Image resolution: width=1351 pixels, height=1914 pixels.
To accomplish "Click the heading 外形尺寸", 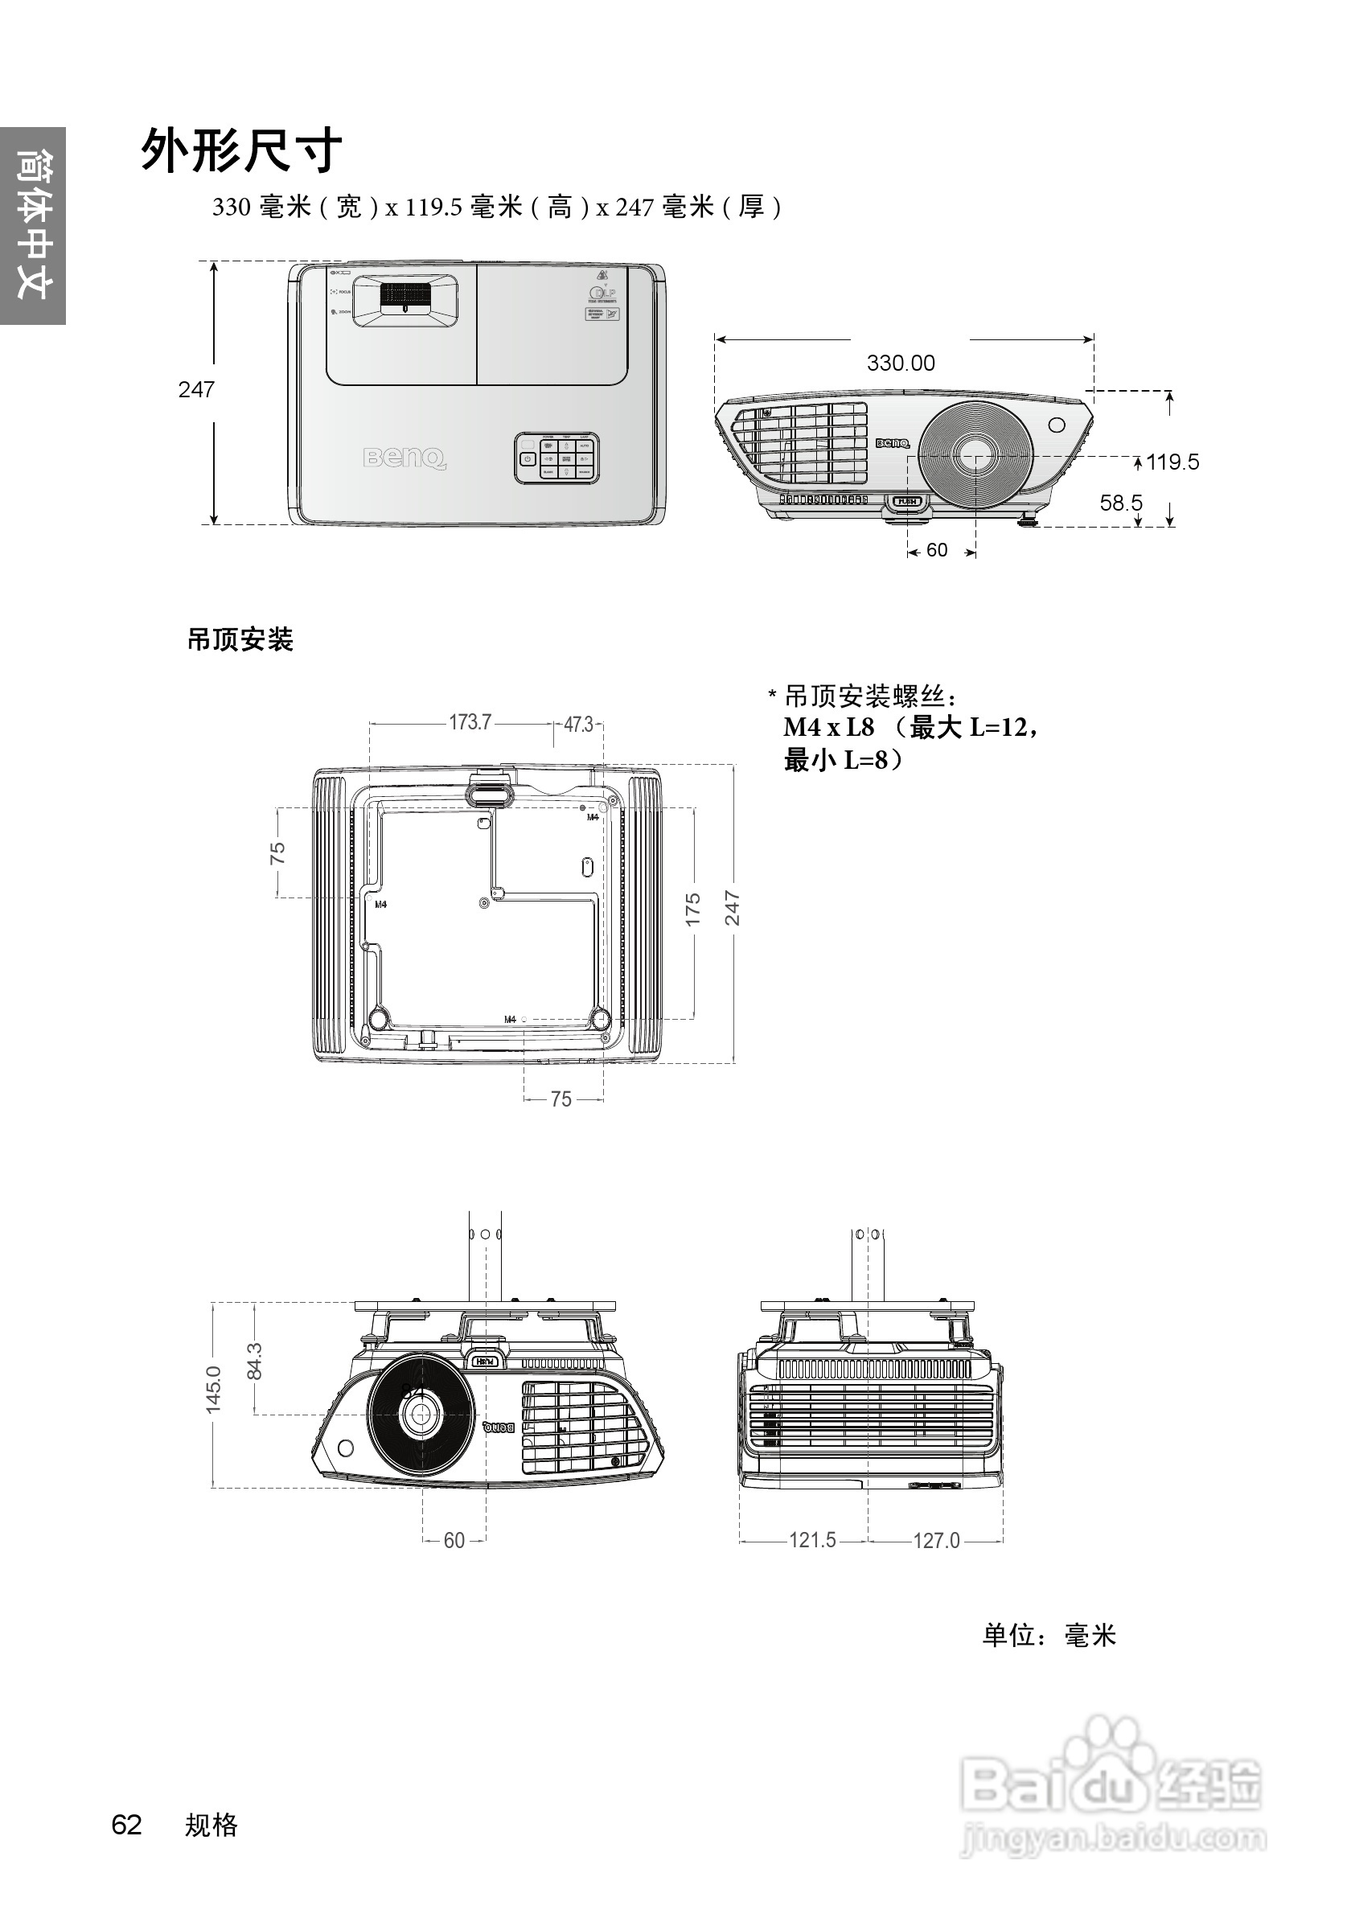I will [x=241, y=151].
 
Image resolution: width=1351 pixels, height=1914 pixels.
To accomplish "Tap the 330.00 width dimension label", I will [x=900, y=363].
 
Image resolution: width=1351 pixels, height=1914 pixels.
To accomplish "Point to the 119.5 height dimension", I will [x=1172, y=462].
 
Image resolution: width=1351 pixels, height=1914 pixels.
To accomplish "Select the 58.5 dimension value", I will [x=1120, y=503].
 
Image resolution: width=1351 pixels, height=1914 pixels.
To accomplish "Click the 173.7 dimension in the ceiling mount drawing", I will [x=470, y=722].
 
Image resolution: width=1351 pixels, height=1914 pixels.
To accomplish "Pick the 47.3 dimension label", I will [x=577, y=725].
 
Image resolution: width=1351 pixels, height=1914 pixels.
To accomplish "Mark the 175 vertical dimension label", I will [x=692, y=910].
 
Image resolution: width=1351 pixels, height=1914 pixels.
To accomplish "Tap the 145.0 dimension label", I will [x=213, y=1390].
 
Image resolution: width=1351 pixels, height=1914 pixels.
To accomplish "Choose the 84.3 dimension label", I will [x=255, y=1361].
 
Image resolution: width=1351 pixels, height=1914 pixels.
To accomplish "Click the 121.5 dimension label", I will [x=811, y=1541].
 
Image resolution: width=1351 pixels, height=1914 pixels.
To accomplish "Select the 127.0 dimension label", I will [x=936, y=1541].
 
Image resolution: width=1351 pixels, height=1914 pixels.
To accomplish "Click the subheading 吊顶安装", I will [x=240, y=640].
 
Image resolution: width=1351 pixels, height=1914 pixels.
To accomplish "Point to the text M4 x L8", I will [x=828, y=728].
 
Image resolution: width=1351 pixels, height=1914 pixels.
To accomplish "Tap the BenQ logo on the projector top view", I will [x=404, y=458].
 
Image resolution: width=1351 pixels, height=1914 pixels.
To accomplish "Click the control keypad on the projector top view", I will [x=556, y=458].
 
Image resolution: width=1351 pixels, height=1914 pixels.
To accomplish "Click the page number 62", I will [x=127, y=1826].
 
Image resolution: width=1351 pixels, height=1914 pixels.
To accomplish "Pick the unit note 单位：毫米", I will [x=1048, y=1636].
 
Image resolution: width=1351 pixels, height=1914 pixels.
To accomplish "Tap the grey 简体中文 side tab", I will [x=32, y=225].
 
